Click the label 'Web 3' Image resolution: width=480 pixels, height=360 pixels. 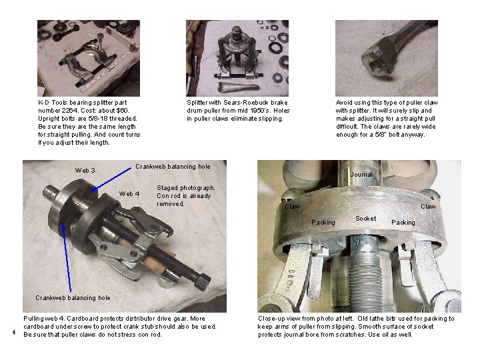[85, 171]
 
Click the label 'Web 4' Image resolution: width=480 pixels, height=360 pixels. [129, 194]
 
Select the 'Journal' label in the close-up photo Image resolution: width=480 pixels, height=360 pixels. [361, 175]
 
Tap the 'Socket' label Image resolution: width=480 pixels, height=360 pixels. [365, 219]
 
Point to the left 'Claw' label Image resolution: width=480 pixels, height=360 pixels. [293, 207]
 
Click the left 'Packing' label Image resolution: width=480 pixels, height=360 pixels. [323, 222]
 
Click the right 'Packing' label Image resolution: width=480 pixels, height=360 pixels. [403, 222]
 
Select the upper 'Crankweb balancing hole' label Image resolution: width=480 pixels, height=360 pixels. [173, 167]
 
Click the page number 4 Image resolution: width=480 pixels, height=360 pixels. [13, 333]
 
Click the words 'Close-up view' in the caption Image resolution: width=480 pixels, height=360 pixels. [280, 319]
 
